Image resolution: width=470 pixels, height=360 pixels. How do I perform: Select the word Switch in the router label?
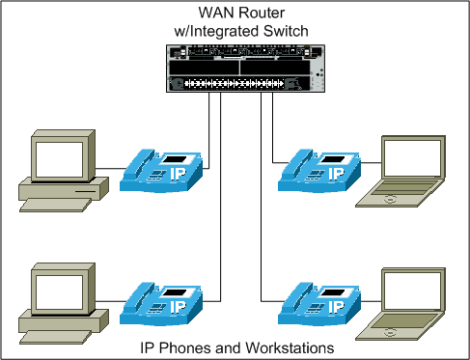coord(286,31)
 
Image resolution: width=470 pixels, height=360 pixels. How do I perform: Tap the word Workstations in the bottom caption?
coord(290,347)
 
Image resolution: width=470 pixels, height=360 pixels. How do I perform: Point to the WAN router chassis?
coord(245,69)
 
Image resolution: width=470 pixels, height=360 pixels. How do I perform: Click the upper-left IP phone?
coord(161,170)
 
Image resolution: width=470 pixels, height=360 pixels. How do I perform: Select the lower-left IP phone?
coord(161,304)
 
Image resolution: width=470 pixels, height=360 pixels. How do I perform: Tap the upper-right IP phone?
coord(319,170)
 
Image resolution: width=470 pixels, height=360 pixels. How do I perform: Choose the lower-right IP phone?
coord(319,304)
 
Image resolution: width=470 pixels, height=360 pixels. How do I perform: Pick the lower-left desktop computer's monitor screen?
coord(59,292)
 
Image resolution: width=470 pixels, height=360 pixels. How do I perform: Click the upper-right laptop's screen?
coord(413,158)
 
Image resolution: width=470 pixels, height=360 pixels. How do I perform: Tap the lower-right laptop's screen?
coord(413,291)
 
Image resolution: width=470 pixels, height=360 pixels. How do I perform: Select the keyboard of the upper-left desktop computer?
coord(55,205)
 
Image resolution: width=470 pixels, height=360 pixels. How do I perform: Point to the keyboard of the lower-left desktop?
coord(55,337)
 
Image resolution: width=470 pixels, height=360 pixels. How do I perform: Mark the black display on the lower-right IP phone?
coord(333,292)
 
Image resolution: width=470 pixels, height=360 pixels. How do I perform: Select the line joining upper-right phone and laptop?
coord(371,163)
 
